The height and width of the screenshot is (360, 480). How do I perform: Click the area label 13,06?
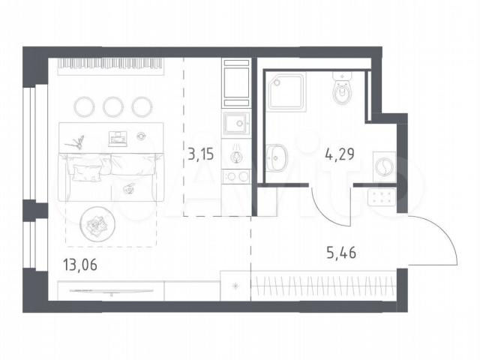point(80,265)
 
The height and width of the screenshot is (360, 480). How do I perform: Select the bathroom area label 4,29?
point(340,154)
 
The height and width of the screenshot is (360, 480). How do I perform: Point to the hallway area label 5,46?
point(341,253)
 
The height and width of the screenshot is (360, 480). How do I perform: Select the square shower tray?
point(286,91)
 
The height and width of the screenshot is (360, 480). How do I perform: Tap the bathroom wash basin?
point(276,158)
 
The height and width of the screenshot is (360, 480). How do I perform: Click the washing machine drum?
point(384,167)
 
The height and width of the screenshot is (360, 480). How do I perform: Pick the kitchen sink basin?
point(236,124)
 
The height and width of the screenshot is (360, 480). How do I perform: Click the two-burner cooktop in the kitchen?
point(236,177)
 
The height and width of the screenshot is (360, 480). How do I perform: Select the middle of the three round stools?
point(113,106)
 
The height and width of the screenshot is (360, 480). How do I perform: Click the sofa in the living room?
point(111,178)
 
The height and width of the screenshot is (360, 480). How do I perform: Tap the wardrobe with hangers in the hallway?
point(323,286)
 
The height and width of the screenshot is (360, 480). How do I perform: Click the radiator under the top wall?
point(111,67)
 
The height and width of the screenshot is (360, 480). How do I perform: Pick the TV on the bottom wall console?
point(111,291)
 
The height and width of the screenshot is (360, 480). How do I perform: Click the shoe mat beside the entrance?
point(382,196)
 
